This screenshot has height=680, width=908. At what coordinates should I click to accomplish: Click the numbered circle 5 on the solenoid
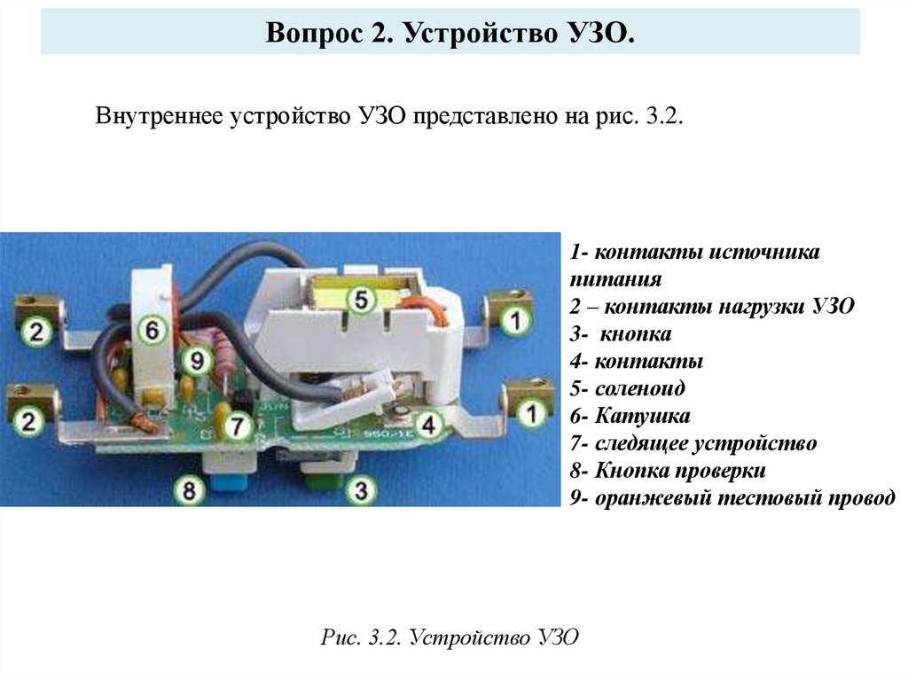pos(360,301)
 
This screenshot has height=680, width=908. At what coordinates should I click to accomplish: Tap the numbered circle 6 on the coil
pos(153,331)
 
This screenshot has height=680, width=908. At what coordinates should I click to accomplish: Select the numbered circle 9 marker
pos(197,359)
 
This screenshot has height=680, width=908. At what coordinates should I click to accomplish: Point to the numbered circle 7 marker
pos(236,427)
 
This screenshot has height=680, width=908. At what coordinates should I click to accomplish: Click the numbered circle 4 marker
pos(429,425)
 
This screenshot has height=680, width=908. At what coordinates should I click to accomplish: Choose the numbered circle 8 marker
pos(189,489)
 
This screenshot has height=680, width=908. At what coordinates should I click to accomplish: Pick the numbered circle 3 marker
pos(359,489)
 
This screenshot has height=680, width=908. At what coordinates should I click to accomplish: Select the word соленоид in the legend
pos(640,388)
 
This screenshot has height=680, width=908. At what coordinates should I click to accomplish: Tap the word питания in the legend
pos(616,279)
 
